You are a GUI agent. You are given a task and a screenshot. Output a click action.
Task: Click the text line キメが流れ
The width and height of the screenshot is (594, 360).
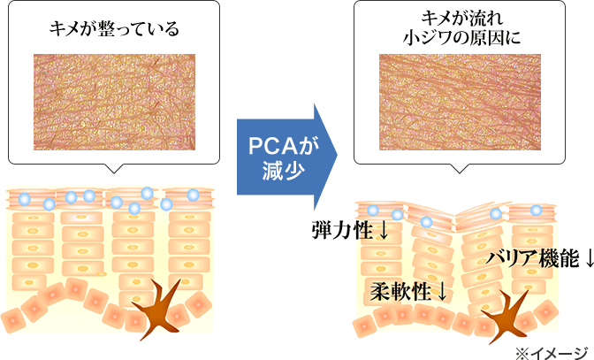tap(461, 19)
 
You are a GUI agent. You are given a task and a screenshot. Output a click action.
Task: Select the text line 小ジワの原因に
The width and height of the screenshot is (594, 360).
tap(461, 38)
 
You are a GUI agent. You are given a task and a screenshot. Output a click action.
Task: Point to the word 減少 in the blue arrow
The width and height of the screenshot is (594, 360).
tap(278, 168)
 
